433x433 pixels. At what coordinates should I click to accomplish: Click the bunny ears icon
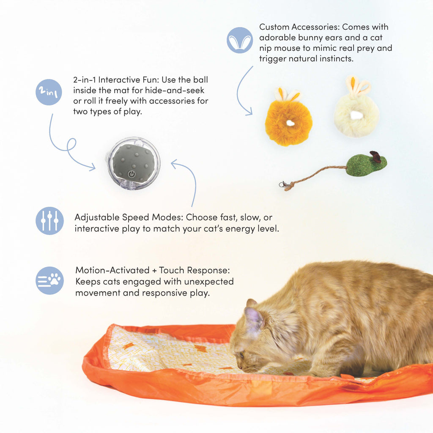(240, 40)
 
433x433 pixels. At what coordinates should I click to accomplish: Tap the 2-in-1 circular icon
(49, 92)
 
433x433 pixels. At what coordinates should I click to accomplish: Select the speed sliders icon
(49, 221)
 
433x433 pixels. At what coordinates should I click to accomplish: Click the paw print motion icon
(49, 280)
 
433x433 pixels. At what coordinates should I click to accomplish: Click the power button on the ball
(132, 174)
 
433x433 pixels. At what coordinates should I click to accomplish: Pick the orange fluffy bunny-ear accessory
(289, 121)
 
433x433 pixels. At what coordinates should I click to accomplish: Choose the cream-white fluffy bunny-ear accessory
(356, 112)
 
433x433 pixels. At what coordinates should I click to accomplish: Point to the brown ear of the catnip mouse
(375, 156)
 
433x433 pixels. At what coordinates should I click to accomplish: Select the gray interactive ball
(133, 163)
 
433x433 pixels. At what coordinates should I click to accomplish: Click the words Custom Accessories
(299, 27)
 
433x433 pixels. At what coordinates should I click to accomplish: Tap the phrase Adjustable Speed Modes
(129, 217)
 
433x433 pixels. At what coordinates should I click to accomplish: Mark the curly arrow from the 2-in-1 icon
(68, 146)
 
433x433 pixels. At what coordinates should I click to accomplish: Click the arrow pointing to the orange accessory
(242, 93)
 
